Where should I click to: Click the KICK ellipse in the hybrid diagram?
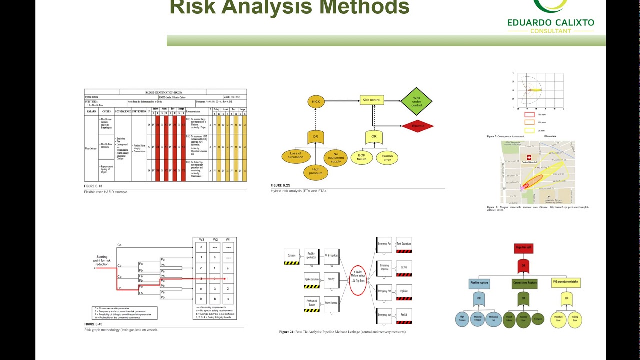(316, 102)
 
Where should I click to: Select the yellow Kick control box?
(371, 100)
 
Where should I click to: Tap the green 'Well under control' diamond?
(416, 102)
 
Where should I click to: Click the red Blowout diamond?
(418, 126)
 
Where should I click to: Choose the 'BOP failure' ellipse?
(361, 157)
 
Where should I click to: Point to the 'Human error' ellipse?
(387, 158)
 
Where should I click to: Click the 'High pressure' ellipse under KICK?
(316, 172)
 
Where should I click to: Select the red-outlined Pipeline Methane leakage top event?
(357, 280)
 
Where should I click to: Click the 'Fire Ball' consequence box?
(403, 316)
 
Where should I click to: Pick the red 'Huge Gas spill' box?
(523, 248)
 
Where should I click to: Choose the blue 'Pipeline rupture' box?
(479, 283)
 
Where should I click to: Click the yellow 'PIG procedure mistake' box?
(566, 283)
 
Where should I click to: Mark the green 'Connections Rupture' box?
(524, 283)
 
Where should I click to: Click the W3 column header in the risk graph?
(201, 239)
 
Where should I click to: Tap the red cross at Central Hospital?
(529, 157)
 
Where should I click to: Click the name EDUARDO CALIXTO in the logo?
(550, 22)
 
